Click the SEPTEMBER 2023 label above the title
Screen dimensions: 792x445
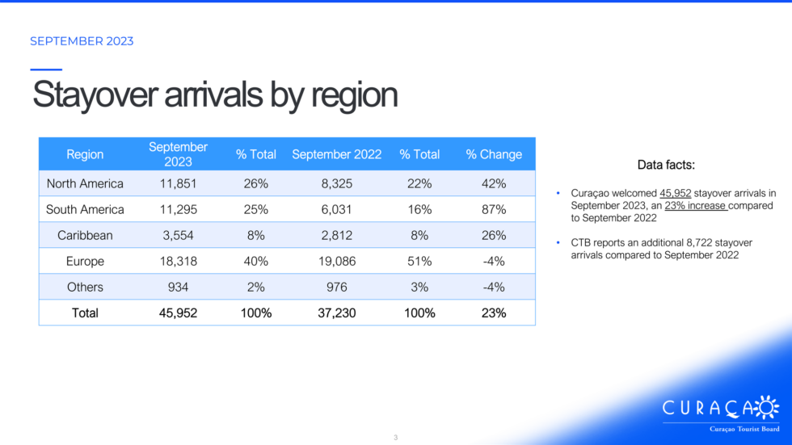[x=82, y=41]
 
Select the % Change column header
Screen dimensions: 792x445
[x=494, y=154]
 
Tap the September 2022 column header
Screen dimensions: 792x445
[x=336, y=154]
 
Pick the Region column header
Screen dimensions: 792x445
[x=85, y=154]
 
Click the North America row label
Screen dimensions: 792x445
[x=85, y=183]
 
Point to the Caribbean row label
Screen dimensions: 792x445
[x=85, y=235]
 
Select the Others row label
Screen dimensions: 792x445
[x=85, y=287]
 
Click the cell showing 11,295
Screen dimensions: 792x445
[x=178, y=209]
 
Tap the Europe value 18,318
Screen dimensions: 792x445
[x=178, y=262]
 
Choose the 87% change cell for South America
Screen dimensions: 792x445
[x=494, y=209]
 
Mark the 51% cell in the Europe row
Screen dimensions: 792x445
[x=419, y=262]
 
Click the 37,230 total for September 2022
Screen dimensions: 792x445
[x=336, y=313]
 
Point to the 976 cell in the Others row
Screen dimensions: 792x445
[x=336, y=287]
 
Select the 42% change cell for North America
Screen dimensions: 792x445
[x=494, y=183]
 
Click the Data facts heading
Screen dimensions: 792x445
[x=666, y=165]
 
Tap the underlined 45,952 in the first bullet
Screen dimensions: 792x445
[x=676, y=193]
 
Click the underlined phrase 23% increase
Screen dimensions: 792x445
[x=696, y=206]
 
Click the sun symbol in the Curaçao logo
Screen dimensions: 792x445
[x=767, y=408]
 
